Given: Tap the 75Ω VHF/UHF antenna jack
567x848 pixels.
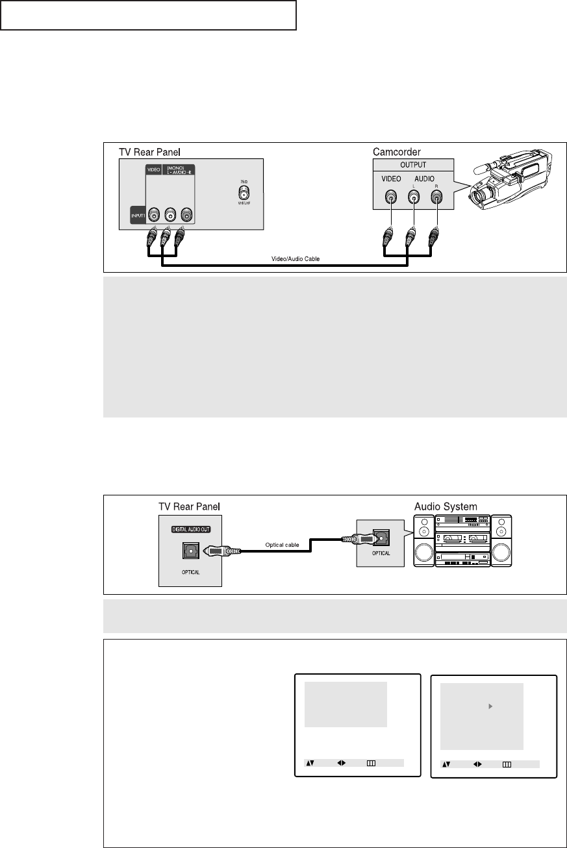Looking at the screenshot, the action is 244,193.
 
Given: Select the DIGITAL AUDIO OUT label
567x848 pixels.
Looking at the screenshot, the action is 190,529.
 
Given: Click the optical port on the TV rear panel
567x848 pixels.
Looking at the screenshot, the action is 190,551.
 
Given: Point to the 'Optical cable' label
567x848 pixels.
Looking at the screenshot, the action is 281,545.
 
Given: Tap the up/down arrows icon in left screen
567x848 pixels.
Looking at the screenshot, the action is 310,764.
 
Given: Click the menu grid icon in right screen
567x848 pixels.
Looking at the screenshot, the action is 508,765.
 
